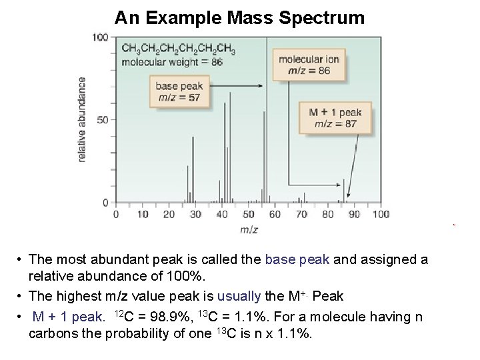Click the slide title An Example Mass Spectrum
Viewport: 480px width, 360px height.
239,17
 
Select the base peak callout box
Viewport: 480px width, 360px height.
178,92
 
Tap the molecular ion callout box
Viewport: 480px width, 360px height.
308,65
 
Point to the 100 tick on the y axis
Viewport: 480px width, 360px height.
99,37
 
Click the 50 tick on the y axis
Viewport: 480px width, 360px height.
102,120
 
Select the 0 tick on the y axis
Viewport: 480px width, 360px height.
105,202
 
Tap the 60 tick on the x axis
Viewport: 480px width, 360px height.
275,214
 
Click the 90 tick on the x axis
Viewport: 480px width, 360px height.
354,214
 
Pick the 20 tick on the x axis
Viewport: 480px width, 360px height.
169,214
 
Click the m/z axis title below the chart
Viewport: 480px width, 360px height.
248,230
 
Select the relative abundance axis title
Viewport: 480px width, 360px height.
83,119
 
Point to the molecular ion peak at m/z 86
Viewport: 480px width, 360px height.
344,190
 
